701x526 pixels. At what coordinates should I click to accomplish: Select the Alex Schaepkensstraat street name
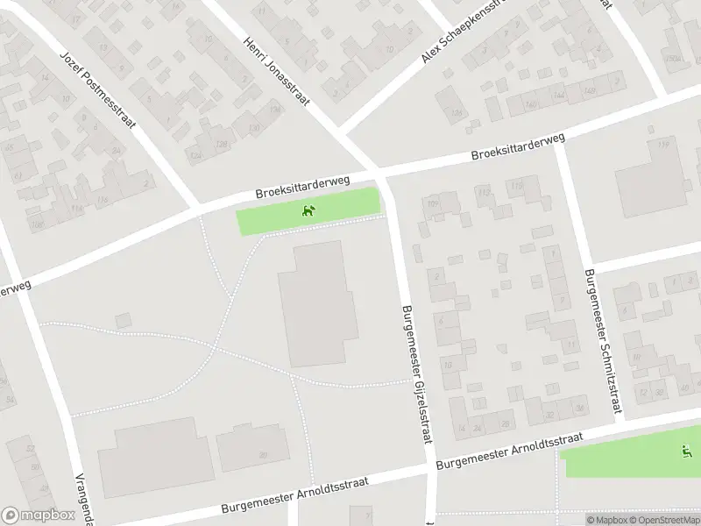[x=464, y=31]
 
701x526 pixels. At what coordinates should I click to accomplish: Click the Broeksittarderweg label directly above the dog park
[x=303, y=186]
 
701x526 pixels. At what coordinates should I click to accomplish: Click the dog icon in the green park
[x=308, y=210]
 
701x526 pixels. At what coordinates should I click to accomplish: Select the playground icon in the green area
[x=685, y=451]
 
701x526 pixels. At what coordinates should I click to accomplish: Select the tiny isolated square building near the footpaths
[x=123, y=321]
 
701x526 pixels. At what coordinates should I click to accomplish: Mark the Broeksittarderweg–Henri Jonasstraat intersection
[x=379, y=170]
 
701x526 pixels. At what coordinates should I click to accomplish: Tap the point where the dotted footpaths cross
[x=214, y=348]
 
